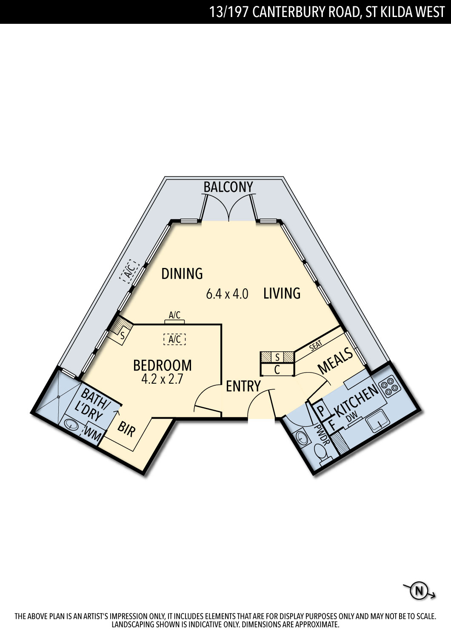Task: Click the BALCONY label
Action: [x=228, y=187]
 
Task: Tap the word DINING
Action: [x=182, y=273]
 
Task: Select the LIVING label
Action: [x=282, y=293]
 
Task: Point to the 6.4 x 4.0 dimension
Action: [x=227, y=294]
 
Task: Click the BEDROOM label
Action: [x=163, y=365]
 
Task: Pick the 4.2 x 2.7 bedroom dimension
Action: [x=162, y=379]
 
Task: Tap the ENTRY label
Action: [x=243, y=386]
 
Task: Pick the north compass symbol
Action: [x=419, y=591]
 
